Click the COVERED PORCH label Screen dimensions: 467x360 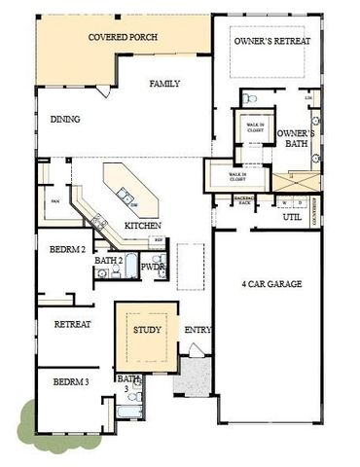click(123, 38)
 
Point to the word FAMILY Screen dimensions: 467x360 click(165, 85)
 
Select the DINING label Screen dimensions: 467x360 click(65, 120)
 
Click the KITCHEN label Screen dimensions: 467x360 click(143, 226)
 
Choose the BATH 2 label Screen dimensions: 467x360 click(109, 260)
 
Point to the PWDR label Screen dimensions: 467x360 click(153, 266)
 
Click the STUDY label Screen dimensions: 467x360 click(146, 329)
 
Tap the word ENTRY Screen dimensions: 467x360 click(198, 330)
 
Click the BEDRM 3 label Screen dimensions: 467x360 click(71, 382)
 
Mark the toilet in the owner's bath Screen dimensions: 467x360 click(249, 99)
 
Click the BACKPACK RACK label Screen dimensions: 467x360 click(244, 199)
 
